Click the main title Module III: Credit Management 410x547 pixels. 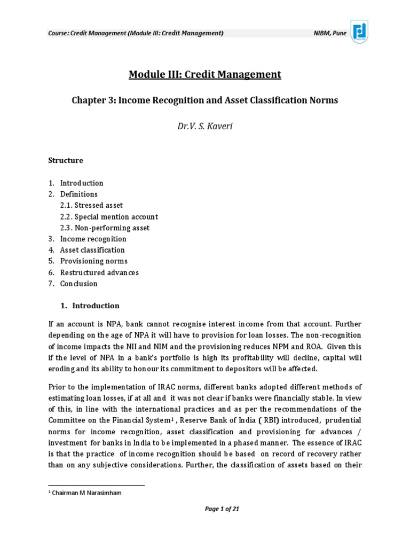(204, 74)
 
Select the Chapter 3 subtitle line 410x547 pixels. (204, 100)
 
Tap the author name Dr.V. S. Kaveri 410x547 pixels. (204, 127)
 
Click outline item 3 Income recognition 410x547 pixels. (93, 239)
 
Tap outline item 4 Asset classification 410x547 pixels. (92, 250)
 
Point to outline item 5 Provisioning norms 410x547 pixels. (93, 261)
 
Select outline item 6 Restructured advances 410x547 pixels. (99, 272)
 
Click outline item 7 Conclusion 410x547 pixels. (78, 284)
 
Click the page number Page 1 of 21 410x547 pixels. (222, 509)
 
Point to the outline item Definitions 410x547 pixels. (78, 194)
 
